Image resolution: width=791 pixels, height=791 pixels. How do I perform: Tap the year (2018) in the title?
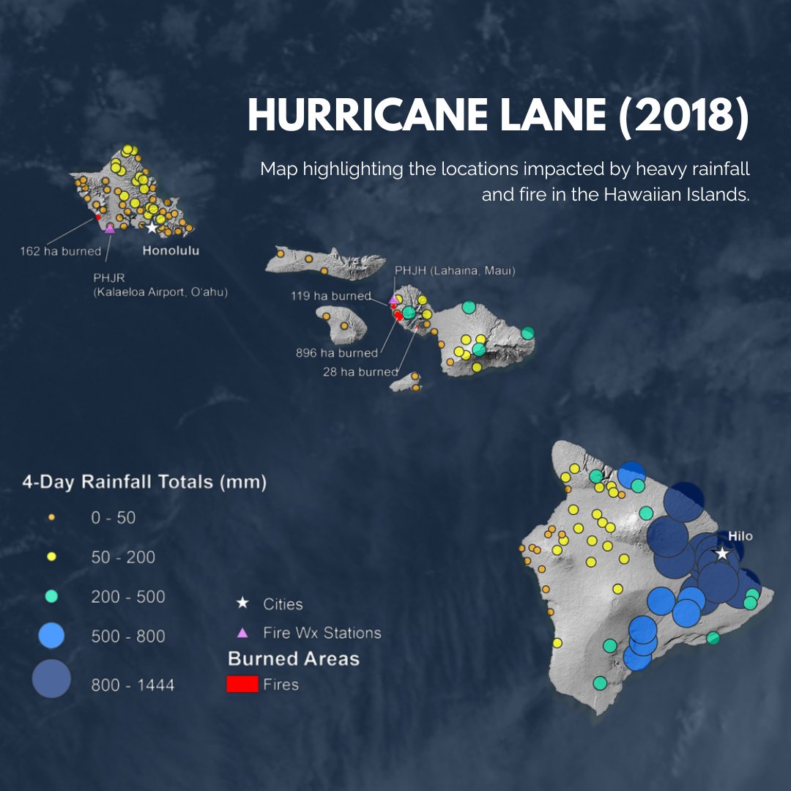click(683, 116)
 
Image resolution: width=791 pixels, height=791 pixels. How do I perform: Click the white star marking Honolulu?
click(152, 228)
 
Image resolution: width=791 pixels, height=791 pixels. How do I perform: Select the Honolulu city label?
click(170, 250)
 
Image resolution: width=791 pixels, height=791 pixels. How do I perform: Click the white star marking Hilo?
click(722, 554)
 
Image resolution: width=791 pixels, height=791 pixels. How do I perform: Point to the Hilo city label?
click(740, 536)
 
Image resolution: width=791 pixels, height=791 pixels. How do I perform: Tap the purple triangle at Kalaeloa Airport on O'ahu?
click(110, 229)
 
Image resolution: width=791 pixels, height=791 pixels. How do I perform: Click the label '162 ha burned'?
click(60, 251)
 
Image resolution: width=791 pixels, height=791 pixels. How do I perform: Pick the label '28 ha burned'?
click(360, 372)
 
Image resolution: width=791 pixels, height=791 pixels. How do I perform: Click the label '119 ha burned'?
click(331, 297)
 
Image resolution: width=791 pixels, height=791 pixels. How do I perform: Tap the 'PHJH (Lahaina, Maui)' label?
click(455, 271)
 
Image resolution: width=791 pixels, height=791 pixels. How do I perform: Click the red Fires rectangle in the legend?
click(242, 684)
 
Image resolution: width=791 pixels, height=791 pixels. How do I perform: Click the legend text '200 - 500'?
click(128, 597)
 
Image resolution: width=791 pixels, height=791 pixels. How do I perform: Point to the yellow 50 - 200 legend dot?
click(51, 557)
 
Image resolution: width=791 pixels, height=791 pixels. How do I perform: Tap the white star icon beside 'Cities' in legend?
click(242, 604)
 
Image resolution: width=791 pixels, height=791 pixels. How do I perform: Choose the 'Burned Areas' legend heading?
click(294, 658)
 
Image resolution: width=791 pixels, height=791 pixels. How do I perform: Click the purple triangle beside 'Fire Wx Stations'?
click(242, 633)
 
